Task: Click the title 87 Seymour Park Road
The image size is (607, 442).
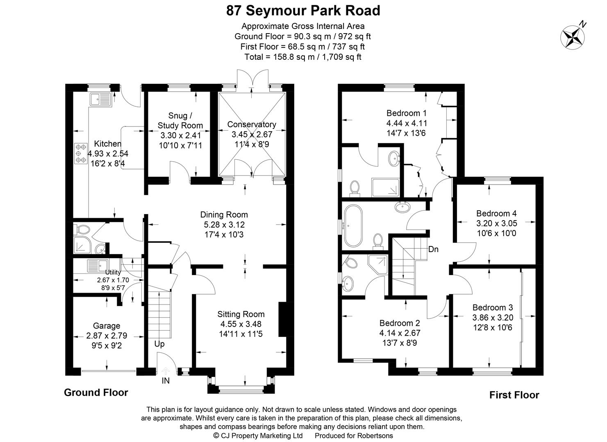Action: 303,11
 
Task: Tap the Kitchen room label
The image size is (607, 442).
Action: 108,144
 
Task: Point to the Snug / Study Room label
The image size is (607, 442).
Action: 180,120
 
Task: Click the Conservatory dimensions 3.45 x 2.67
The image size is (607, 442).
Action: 252,134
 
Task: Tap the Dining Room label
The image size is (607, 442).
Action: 224,214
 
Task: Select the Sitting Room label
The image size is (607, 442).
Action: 241,314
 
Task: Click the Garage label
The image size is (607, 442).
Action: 107,326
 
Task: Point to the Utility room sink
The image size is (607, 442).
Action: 97,266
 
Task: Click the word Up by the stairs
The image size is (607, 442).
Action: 159,344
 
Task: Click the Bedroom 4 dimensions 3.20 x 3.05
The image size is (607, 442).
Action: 496,223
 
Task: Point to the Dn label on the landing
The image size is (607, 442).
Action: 433,249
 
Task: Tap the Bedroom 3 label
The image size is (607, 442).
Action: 492,307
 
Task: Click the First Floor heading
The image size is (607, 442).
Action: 514,395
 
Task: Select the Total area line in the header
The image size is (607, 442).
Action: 303,57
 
